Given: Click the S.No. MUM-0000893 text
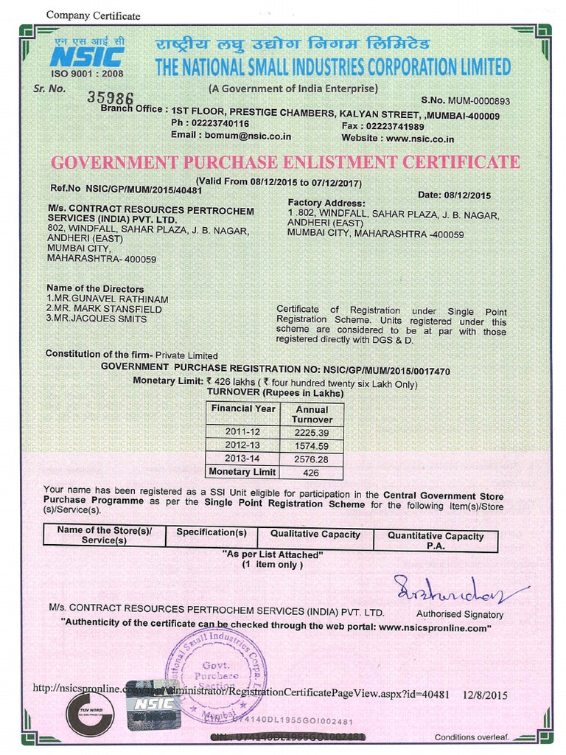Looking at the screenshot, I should (465, 100).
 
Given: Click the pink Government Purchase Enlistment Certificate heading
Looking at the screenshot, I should (285, 162).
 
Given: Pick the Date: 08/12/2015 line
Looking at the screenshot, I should (453, 195).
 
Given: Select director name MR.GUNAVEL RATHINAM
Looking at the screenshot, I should (108, 299).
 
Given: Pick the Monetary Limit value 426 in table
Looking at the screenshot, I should (311, 473).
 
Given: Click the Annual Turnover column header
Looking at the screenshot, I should (312, 414).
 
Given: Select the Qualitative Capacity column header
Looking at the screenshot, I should (315, 535).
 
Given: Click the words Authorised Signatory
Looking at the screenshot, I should (460, 614).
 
